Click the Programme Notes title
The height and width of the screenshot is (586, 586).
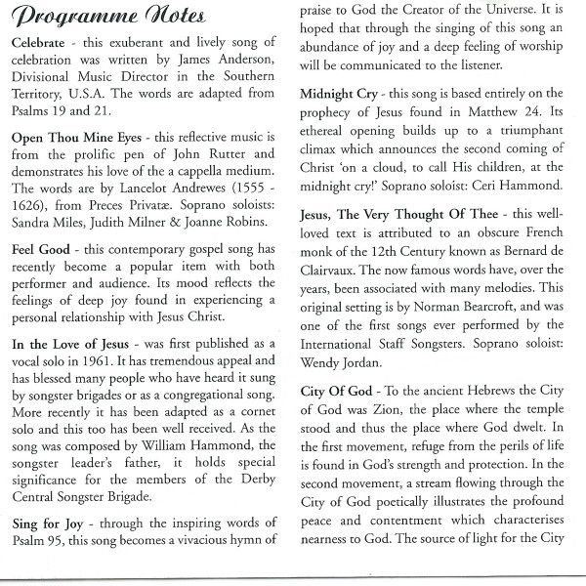tap(107, 17)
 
